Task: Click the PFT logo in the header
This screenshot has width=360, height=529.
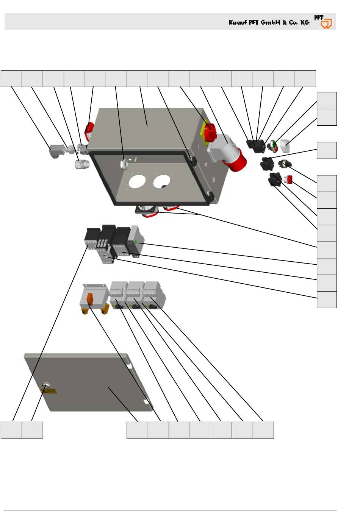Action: [x=323, y=22]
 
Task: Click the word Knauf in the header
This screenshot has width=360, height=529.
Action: [x=238, y=22]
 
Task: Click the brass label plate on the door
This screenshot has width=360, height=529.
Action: [x=49, y=392]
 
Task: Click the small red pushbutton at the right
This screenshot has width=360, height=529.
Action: [x=288, y=180]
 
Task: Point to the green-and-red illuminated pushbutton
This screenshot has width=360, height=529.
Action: [x=273, y=146]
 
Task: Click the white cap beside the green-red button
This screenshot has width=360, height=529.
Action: [x=285, y=146]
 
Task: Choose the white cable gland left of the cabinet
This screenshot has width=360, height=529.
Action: [x=82, y=164]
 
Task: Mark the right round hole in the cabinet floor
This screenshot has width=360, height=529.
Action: [x=162, y=181]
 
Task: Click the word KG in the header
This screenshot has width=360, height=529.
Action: [x=305, y=22]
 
